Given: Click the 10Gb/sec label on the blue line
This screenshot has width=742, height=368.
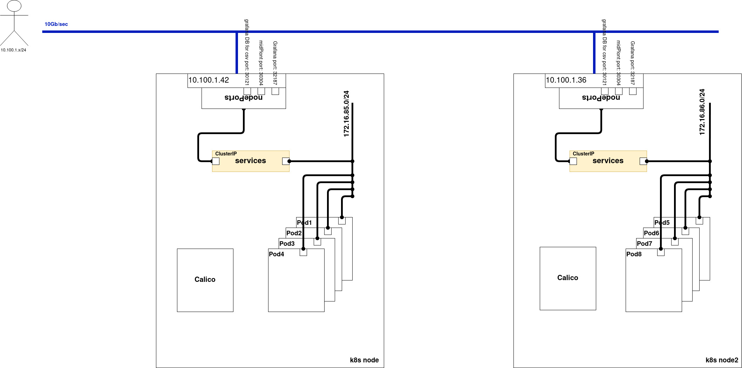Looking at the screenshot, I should tap(56, 24).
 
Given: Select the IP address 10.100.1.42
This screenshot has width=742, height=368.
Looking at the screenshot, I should tap(209, 80).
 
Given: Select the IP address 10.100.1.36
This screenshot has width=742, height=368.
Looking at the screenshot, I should tap(566, 80).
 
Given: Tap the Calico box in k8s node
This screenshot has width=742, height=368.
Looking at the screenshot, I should tap(205, 280).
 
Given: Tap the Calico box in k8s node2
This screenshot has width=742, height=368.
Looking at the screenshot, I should tap(568, 278).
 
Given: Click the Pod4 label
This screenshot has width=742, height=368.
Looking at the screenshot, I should tap(277, 254).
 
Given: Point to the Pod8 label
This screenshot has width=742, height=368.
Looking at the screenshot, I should tap(634, 254).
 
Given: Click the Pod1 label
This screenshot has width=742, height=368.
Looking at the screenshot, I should tap(304, 223).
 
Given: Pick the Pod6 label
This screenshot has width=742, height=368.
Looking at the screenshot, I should tap(651, 233).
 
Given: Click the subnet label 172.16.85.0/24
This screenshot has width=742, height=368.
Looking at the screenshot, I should tap(347, 114).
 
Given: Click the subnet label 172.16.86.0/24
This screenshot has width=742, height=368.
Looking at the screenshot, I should tap(702, 112).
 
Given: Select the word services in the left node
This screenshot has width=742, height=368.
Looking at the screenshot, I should tap(251, 161).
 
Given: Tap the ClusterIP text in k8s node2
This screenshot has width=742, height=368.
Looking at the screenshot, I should tap(584, 154).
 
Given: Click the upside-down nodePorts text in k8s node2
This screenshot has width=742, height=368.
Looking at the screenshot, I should tap(601, 98).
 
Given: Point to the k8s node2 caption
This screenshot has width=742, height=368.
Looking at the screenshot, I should tap(722, 360).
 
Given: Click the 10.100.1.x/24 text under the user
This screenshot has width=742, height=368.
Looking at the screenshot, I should tap(13, 50).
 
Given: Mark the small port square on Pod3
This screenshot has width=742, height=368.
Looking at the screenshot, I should tap(317, 242).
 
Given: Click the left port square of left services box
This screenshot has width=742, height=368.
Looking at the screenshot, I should tap(216, 161).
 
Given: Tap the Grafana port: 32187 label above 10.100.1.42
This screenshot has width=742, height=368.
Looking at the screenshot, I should tap(275, 63).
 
